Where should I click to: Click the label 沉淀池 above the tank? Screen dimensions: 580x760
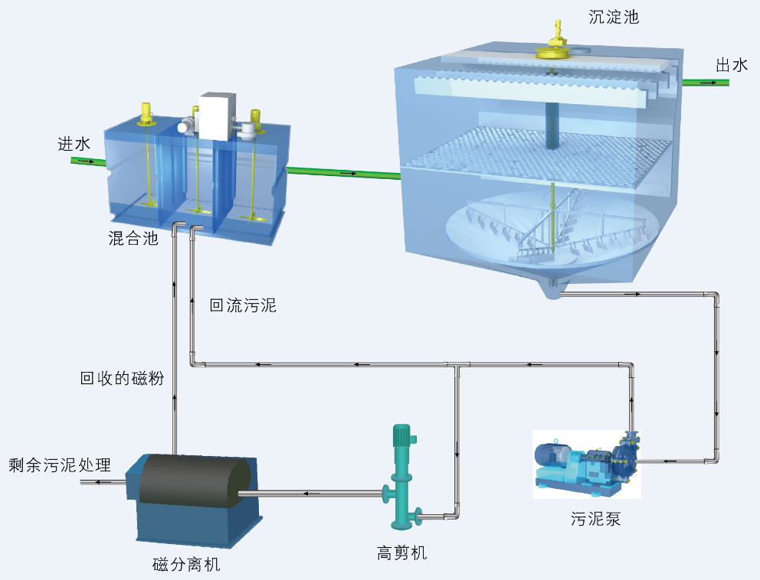click(x=613, y=17)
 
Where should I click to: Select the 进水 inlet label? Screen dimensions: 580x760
click(x=74, y=143)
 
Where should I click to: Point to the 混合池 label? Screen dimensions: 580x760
click(x=133, y=239)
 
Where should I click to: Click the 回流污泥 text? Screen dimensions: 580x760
click(x=243, y=306)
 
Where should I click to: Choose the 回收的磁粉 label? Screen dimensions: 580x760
click(x=123, y=378)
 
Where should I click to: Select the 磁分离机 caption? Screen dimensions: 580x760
click(x=186, y=565)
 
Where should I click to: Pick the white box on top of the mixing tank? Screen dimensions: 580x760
click(x=218, y=116)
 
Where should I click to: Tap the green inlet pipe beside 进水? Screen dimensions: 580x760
click(x=87, y=161)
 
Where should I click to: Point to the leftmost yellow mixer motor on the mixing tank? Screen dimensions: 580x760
click(x=145, y=114)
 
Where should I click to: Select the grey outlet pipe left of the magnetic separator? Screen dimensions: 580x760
click(x=103, y=482)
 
